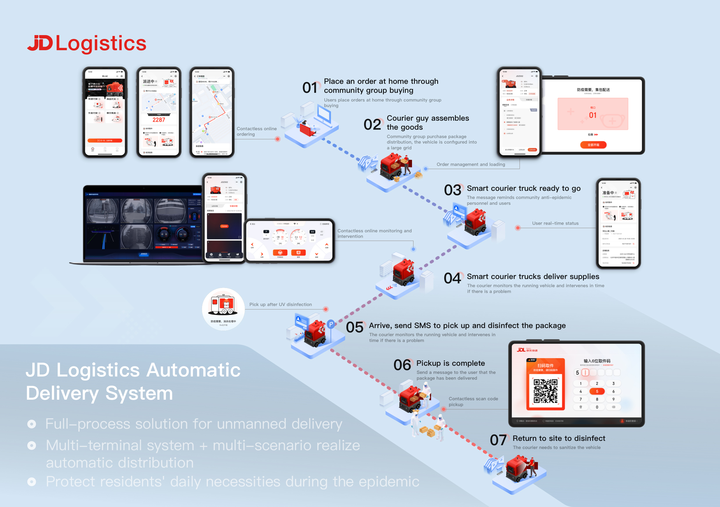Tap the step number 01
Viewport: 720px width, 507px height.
[x=310, y=87]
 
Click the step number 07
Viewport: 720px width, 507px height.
[x=498, y=440]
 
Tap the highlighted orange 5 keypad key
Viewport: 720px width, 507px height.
[x=597, y=391]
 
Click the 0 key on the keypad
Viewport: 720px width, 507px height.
[x=597, y=407]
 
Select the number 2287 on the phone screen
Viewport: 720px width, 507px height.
[x=159, y=120]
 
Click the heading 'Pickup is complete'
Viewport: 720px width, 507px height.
[x=450, y=363]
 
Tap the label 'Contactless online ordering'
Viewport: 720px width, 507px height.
[x=257, y=131]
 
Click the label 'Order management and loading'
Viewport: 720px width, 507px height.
[x=471, y=164]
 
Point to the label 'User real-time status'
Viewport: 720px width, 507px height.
[x=555, y=223]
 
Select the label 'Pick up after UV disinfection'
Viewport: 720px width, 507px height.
[x=280, y=304]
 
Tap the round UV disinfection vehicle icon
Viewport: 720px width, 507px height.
[x=223, y=309]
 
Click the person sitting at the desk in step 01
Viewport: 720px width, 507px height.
[x=305, y=127]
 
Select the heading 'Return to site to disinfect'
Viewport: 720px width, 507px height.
[x=559, y=438]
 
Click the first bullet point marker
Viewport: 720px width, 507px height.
[x=32, y=424]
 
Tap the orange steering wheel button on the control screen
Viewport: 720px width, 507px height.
[x=280, y=253]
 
